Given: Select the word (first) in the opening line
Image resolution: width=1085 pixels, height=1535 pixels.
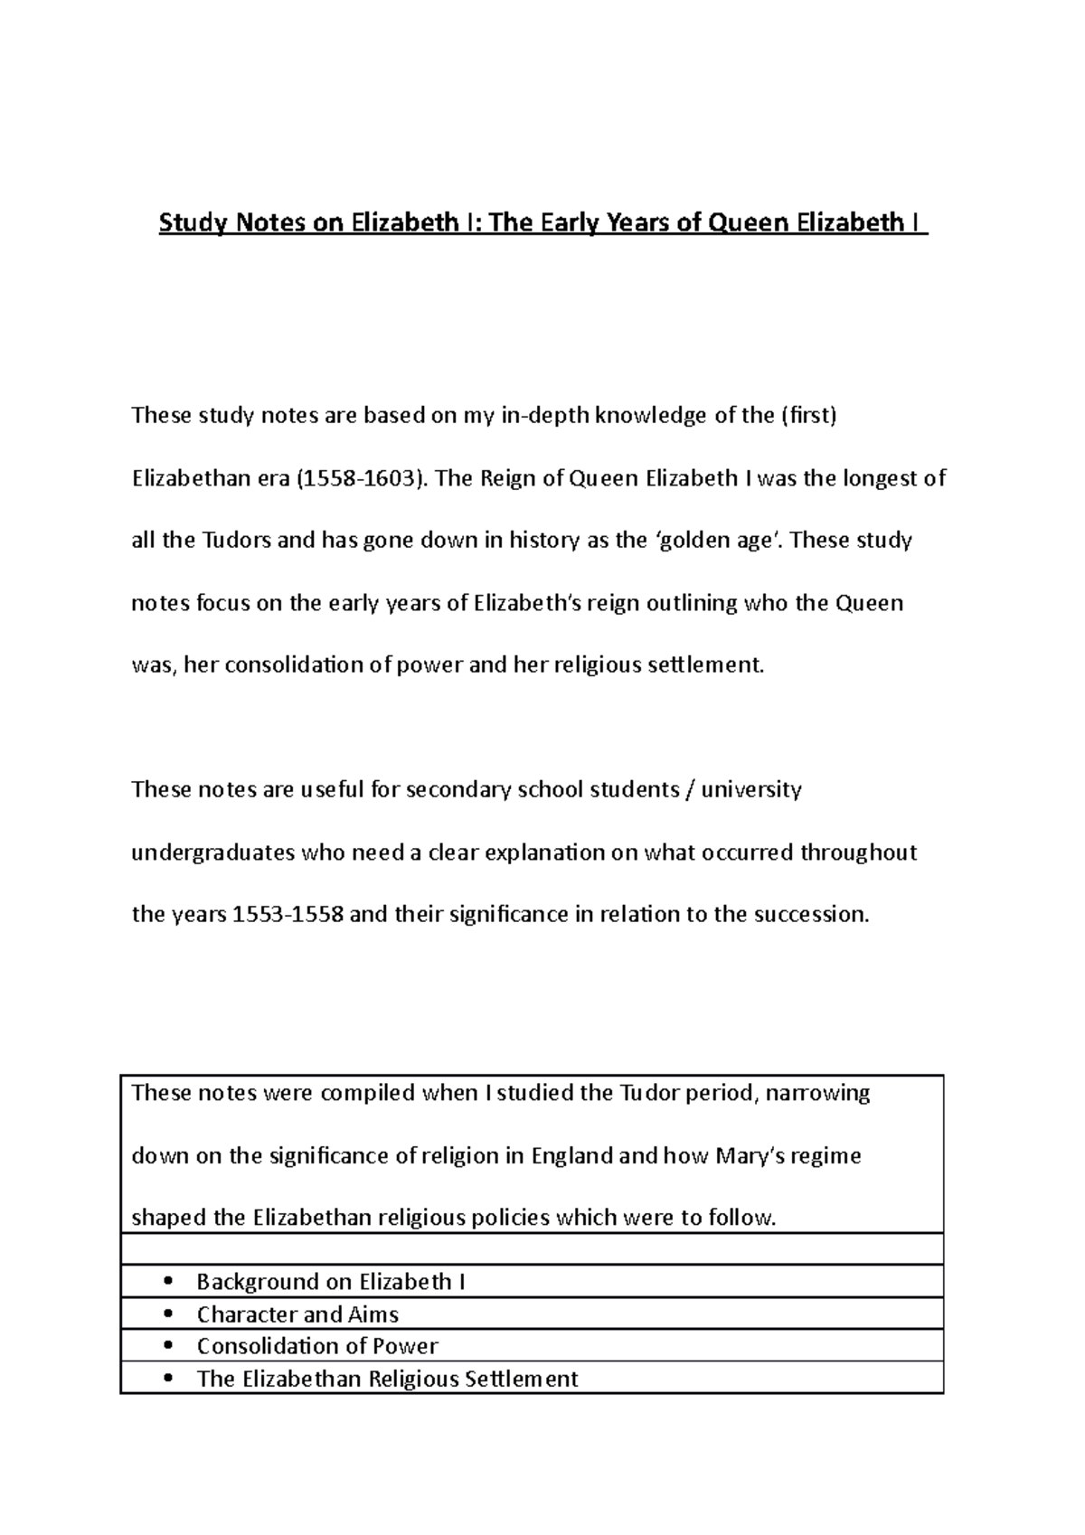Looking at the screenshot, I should tap(807, 417).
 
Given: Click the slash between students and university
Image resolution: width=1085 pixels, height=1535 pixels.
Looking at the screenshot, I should tap(691, 790).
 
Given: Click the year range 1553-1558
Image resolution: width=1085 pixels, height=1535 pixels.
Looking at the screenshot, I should tap(288, 915).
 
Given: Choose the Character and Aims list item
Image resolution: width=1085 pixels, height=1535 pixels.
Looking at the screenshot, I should tap(297, 1314).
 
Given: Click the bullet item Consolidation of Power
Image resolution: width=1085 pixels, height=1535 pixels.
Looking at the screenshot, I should tap(317, 1346).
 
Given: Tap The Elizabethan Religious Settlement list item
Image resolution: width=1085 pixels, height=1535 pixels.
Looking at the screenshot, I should tap(387, 1379).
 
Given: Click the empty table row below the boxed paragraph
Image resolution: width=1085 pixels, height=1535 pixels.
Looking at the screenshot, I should tap(532, 1249).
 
